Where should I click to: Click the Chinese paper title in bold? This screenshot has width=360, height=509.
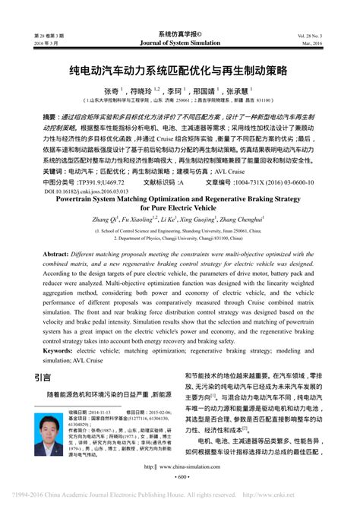(x=180, y=70)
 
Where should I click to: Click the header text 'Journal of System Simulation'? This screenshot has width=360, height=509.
(x=180, y=43)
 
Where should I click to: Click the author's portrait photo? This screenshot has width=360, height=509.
(x=48, y=432)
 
